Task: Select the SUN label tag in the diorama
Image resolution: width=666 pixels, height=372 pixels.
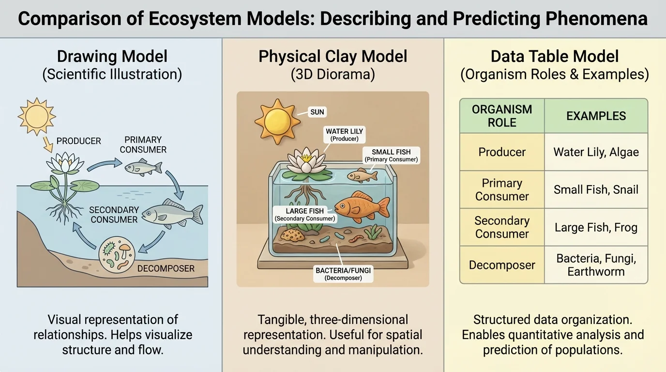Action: click(318, 112)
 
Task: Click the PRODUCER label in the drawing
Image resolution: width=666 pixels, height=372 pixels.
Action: click(79, 141)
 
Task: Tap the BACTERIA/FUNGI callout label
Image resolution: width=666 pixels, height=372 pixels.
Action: click(343, 274)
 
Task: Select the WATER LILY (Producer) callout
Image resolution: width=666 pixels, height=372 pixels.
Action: click(344, 135)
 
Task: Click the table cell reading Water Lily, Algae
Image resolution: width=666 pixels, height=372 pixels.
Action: click(596, 152)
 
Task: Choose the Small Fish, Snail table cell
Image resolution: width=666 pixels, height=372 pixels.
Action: click(596, 189)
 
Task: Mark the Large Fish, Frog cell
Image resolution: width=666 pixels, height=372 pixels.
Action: click(596, 227)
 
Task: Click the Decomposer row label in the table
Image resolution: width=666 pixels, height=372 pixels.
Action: click(502, 265)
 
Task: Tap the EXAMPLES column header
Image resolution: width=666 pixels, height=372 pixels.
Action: click(596, 116)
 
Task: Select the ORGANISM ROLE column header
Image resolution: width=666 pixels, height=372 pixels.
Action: click(502, 116)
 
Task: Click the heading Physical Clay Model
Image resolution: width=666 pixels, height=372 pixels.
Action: click(333, 56)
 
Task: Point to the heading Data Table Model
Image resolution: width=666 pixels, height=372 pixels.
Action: click(555, 56)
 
